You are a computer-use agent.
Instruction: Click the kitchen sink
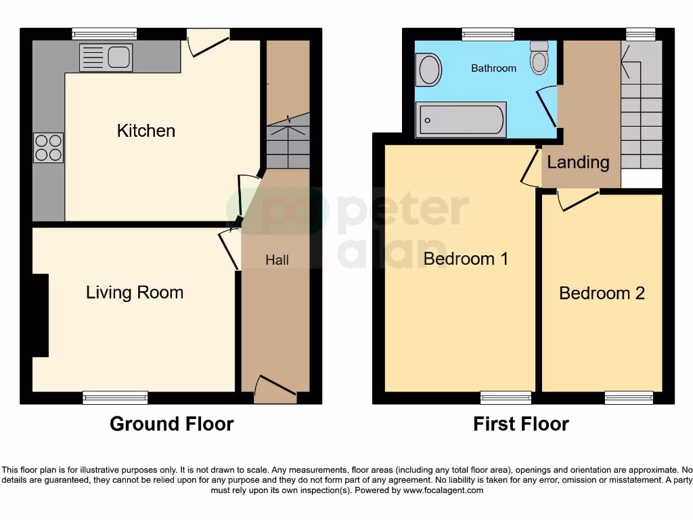coord(106,58)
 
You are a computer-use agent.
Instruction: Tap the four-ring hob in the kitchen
coord(48,148)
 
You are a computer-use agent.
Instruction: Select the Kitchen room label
coord(146,131)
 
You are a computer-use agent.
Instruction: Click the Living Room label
coord(134,292)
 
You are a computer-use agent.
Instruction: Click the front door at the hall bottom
coord(275,391)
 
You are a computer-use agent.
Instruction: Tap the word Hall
coord(277,260)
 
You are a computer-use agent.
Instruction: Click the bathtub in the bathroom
coord(460,120)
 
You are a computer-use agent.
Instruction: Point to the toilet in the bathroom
coord(539,58)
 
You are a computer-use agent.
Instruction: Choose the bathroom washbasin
coord(428,70)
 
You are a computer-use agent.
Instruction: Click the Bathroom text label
coord(493,68)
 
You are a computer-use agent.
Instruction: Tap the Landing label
coord(578,162)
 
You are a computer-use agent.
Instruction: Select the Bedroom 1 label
coord(466,259)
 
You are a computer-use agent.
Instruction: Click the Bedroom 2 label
coord(601,293)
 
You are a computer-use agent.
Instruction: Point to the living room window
coord(115,397)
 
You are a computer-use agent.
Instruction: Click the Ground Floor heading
coord(171,424)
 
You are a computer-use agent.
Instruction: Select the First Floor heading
coord(520,424)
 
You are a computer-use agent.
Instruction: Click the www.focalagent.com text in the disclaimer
coord(443,490)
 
